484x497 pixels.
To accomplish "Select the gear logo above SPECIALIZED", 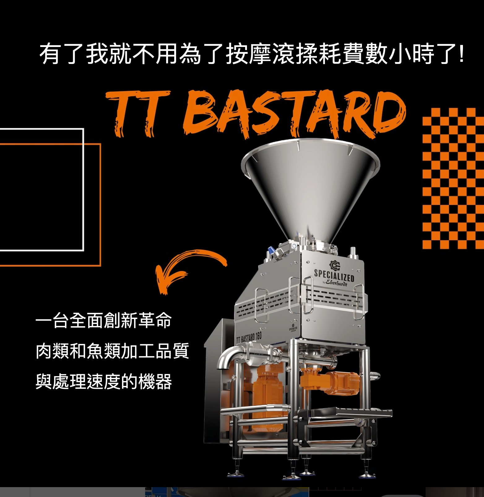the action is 335,265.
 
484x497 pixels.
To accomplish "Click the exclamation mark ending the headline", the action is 461,54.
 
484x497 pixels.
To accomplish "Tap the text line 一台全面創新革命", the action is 103,321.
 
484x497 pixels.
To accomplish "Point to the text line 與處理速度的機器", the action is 103,381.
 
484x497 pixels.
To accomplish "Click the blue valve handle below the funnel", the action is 271,250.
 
